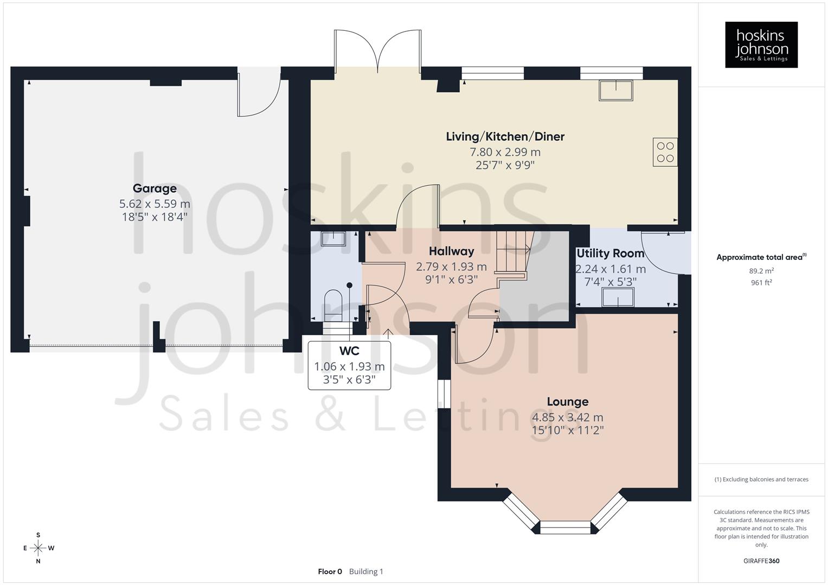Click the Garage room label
(x=155, y=188)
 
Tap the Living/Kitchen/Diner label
(x=505, y=136)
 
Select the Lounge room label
(x=567, y=402)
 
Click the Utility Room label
(x=610, y=253)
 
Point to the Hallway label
(x=451, y=251)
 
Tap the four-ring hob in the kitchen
(x=665, y=152)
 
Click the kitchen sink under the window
(x=616, y=90)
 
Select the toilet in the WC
(x=333, y=305)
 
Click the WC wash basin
(x=332, y=238)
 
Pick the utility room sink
(x=618, y=297)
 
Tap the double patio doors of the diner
(x=378, y=51)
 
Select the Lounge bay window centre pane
(x=565, y=527)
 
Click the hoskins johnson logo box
(x=761, y=45)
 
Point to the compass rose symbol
(x=38, y=548)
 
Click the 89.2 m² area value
(x=761, y=271)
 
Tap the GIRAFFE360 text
(x=761, y=561)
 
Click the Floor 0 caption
(x=330, y=571)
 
